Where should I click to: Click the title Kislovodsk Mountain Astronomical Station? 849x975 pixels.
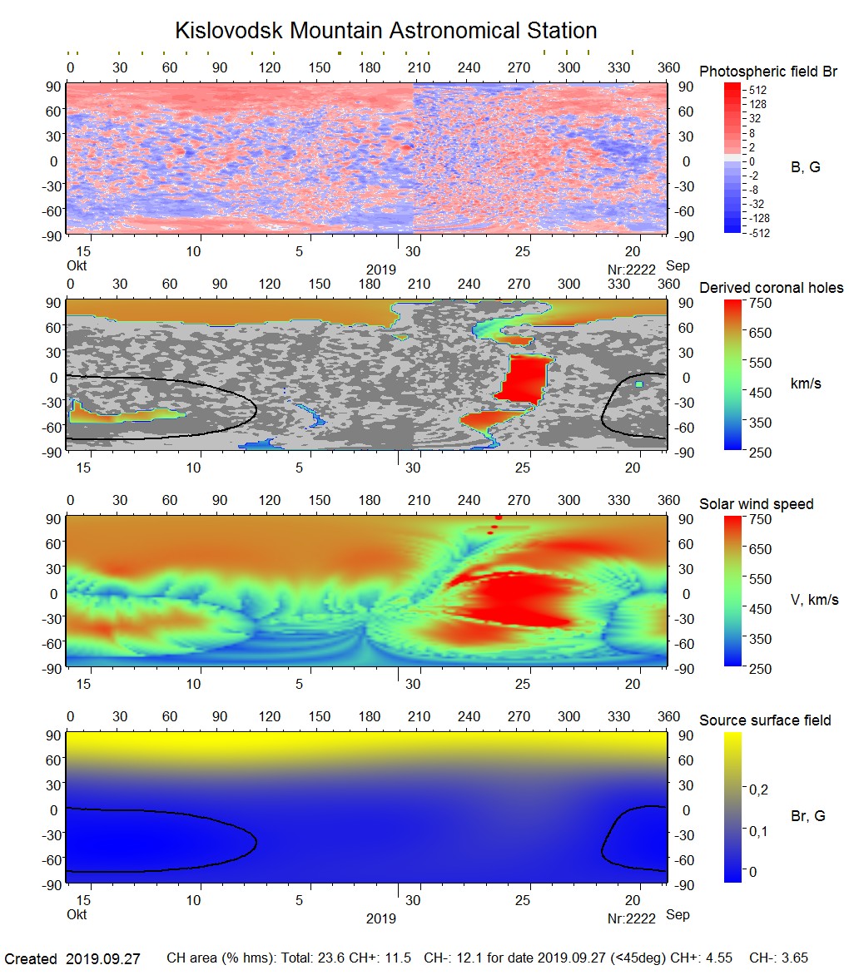[385, 32]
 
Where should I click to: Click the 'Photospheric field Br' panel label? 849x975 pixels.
[768, 72]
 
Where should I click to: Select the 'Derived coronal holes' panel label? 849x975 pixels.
[771, 288]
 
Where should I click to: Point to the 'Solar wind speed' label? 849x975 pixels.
[756, 504]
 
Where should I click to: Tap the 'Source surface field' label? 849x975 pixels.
[765, 720]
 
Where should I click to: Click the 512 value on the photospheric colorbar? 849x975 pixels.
[757, 90]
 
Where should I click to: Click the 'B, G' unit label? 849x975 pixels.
[805, 167]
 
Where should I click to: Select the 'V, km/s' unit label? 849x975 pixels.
[814, 600]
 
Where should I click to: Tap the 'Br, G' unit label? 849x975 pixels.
[807, 816]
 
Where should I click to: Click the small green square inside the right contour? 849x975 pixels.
[638, 384]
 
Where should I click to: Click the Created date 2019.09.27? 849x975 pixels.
[103, 959]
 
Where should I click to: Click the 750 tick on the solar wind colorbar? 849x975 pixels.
[762, 519]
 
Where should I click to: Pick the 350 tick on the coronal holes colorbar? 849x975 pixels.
[762, 423]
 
